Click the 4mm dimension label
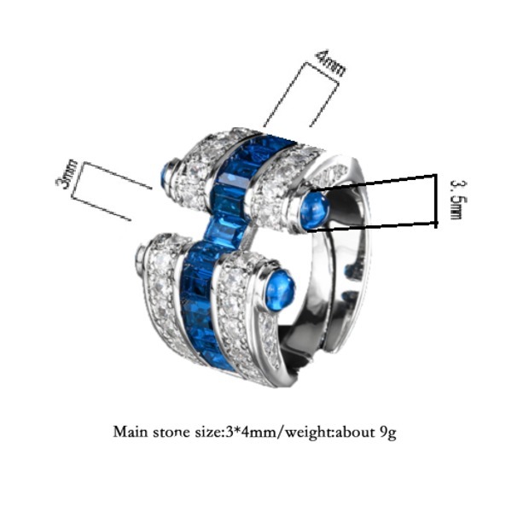[x=329, y=63]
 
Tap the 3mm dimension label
[x=67, y=174]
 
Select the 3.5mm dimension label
[x=458, y=199]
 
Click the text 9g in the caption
[x=388, y=433]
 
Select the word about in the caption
[x=356, y=432]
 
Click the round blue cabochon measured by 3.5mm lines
[x=314, y=210]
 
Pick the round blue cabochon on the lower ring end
[x=280, y=291]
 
